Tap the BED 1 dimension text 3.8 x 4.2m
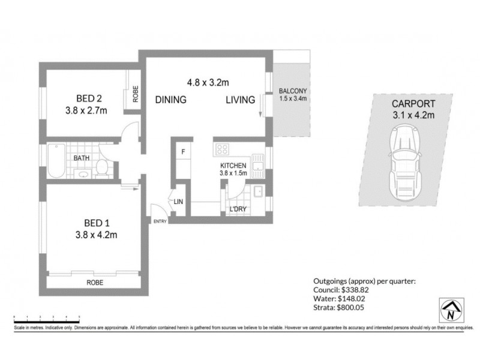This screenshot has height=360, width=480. (x=96, y=235)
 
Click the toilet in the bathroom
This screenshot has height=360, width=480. (x=102, y=168)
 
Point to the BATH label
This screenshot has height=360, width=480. (x=82, y=158)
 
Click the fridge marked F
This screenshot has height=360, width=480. (x=183, y=152)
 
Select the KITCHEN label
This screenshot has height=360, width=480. (x=233, y=166)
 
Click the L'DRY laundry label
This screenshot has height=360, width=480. (x=238, y=209)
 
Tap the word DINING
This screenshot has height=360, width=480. (x=171, y=100)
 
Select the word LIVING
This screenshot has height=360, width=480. (x=240, y=100)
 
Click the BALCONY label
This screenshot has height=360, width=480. (x=293, y=92)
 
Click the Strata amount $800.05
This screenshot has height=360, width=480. (x=347, y=308)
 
